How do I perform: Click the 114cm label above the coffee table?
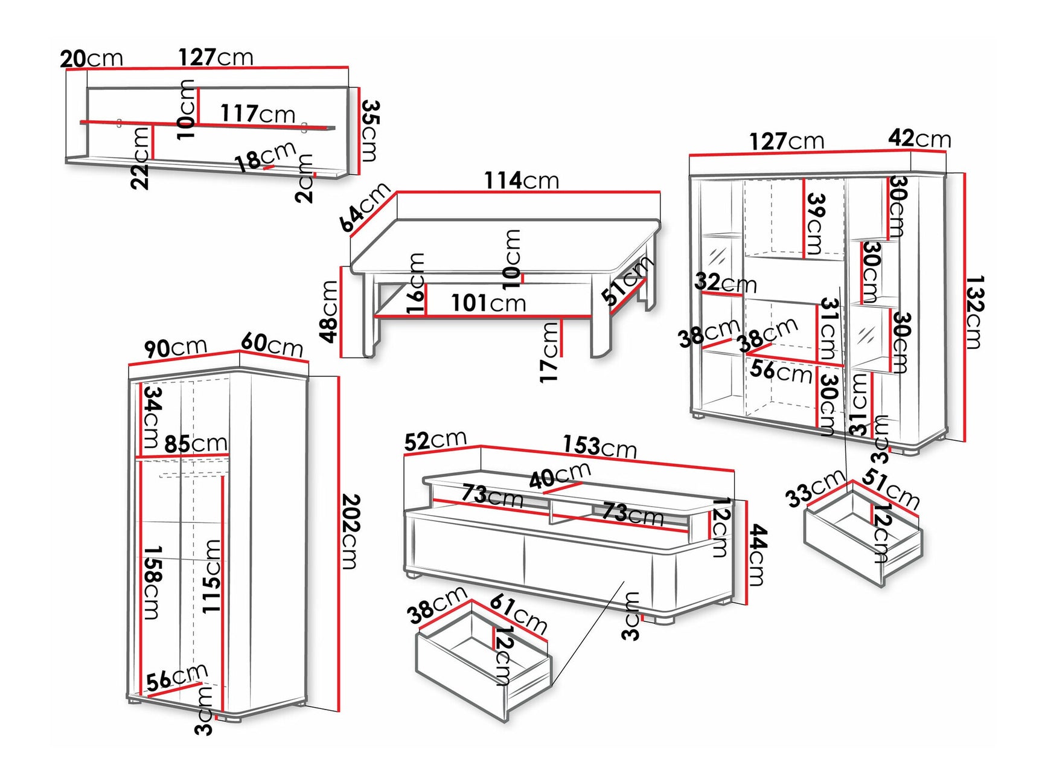522,180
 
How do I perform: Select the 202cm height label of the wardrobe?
351,531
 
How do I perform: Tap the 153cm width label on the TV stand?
599,447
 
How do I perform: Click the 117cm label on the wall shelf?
257,113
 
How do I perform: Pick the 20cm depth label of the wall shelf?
91,59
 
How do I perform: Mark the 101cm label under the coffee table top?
488,303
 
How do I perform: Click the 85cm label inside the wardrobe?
196,444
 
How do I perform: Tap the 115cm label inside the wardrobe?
211,576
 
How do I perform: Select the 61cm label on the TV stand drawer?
519,614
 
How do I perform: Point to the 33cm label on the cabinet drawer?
814,488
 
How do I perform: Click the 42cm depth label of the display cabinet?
919,138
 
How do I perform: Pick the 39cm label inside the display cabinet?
816,223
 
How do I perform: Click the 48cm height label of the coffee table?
329,312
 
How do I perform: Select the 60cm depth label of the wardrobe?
272,344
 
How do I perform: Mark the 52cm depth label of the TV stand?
435,440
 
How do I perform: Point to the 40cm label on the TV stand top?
560,476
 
